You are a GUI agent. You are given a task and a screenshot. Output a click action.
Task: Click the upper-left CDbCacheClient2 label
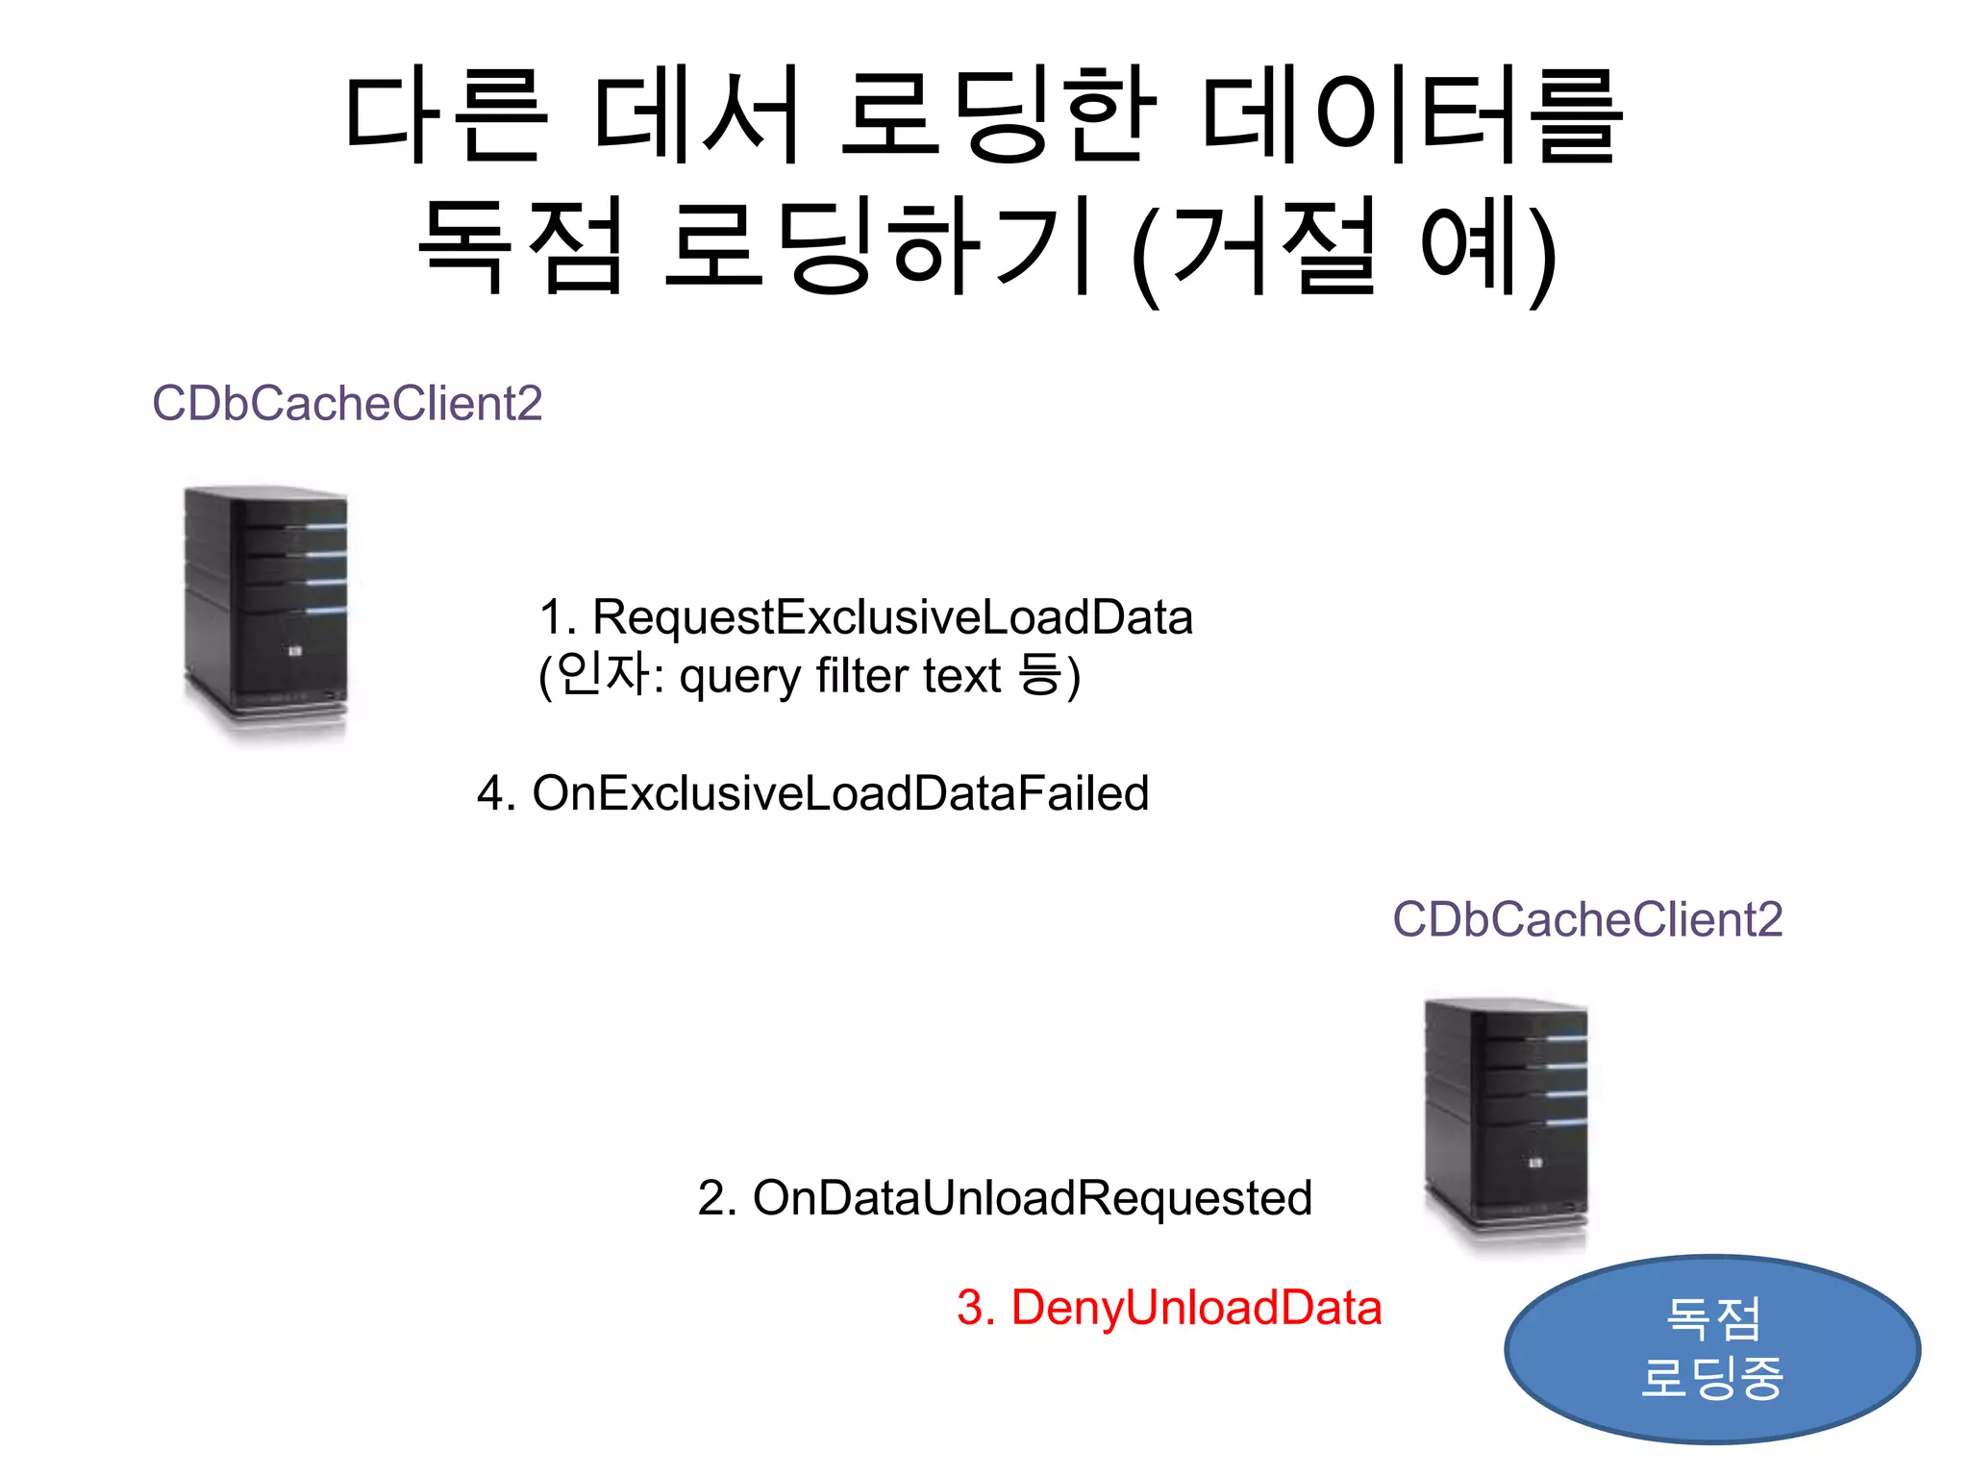[x=347, y=403]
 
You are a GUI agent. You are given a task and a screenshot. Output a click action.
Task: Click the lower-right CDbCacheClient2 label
[x=1587, y=919]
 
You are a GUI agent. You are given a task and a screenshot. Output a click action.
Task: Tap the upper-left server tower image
[x=266, y=612]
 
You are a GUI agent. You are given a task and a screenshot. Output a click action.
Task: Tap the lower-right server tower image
[x=1507, y=1123]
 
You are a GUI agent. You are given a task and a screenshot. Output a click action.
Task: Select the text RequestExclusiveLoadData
[x=891, y=617]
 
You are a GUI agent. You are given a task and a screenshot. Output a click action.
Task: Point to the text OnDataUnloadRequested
[x=1032, y=1198]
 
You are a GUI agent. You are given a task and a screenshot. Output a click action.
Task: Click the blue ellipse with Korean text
[x=1712, y=1348]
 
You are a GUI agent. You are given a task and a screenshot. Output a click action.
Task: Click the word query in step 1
[x=739, y=676]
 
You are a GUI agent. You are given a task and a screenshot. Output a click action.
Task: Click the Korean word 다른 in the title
[x=447, y=115]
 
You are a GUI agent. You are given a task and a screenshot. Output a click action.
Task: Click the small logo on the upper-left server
[x=295, y=652]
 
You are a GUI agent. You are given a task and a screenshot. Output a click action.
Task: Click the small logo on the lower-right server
[x=1535, y=1164]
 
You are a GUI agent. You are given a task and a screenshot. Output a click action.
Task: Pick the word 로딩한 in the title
[x=998, y=115]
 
